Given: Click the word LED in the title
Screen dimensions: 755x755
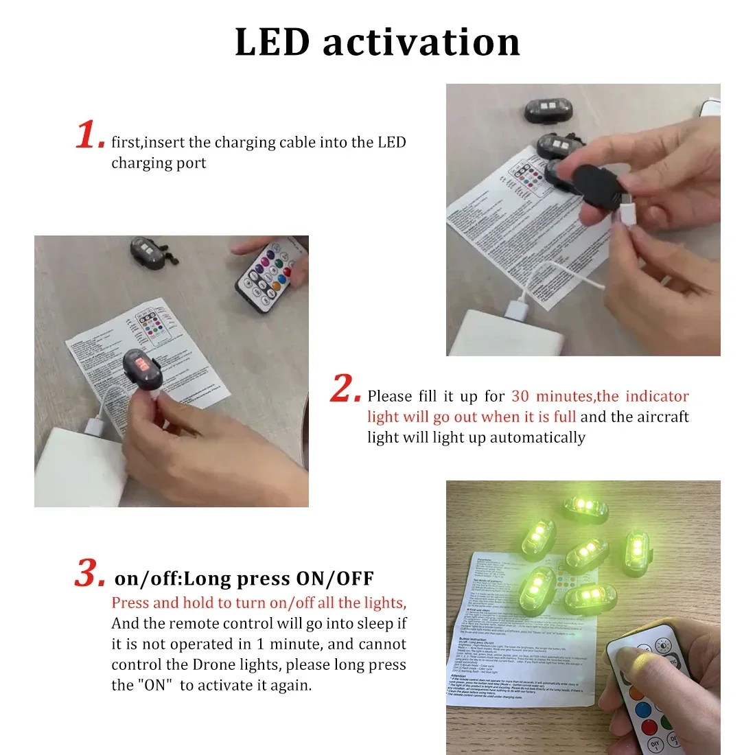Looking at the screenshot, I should tap(272, 43).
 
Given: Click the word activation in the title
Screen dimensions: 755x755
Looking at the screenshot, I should tap(421, 43).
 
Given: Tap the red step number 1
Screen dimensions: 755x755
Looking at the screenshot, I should tap(89, 135).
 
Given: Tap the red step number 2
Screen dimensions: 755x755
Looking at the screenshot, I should tap(345, 388).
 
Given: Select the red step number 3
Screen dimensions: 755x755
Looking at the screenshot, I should tap(90, 573).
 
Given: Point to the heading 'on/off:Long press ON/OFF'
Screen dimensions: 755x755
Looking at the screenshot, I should tap(244, 579).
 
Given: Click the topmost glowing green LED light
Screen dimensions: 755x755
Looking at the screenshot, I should tap(585, 507).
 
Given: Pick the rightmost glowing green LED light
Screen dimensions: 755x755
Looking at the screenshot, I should tap(635, 550).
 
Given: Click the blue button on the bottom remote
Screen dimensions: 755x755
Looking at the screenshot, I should tap(642, 708).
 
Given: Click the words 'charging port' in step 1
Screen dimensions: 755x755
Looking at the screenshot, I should tap(159, 163).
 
